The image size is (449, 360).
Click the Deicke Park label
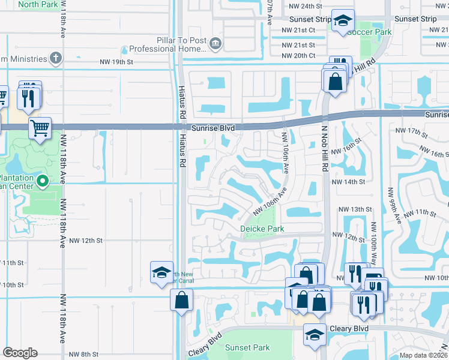[x=262, y=229]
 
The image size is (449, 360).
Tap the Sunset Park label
[x=247, y=347]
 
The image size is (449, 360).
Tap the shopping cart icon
[x=40, y=127]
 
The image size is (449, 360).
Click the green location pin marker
[x=42, y=180]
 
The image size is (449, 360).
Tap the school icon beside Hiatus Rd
[x=161, y=272]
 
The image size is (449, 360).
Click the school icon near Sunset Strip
[x=342, y=22]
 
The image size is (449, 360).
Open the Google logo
[x=20, y=353]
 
